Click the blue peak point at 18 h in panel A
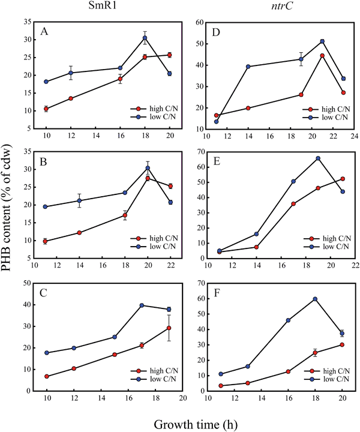(x=145, y=38)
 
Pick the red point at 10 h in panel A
(x=46, y=109)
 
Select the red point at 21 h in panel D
(x=322, y=56)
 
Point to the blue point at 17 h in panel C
(x=142, y=305)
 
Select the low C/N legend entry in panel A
(x=159, y=118)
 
